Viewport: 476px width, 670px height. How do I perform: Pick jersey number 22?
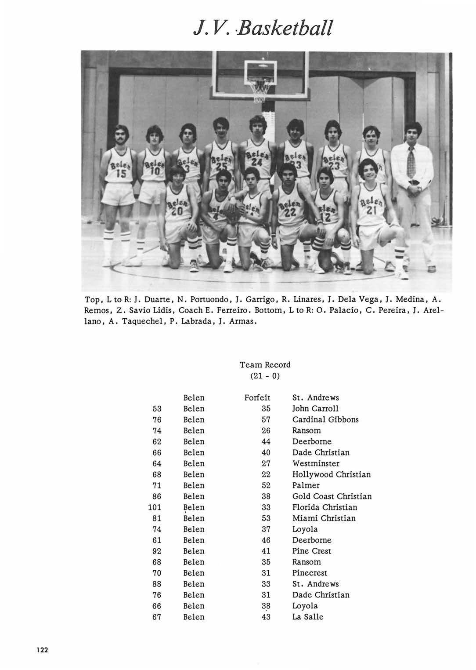290,212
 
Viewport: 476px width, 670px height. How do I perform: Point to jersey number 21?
371,210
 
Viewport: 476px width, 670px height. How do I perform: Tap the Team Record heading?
265,364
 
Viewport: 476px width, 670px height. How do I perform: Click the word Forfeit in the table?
257,397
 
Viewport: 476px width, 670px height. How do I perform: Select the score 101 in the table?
155,507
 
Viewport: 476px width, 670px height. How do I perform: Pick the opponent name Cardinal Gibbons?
325,419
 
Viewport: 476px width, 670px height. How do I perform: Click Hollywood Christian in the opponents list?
332,474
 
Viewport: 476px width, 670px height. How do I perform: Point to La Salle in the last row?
308,617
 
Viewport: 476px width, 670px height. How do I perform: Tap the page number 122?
42,649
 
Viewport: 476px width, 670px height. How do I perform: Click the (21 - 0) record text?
265,376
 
